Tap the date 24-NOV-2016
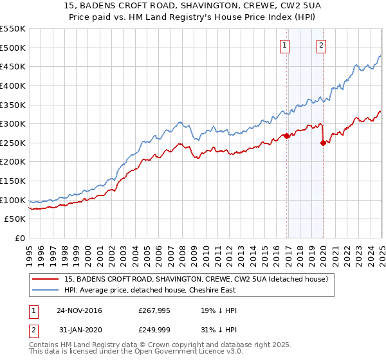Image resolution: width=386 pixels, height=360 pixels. [79, 310]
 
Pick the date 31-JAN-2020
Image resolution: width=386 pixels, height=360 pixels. [79, 330]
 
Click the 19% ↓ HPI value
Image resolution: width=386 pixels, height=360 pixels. [219, 310]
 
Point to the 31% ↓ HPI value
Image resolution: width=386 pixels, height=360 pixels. [219, 330]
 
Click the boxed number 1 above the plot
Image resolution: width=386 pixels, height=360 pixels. [284, 45]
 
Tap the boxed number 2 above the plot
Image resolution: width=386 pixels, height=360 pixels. [320, 45]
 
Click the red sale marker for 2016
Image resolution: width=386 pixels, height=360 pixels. [286, 136]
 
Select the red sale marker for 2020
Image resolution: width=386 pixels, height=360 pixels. [323, 143]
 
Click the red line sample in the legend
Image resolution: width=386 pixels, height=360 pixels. [46, 279]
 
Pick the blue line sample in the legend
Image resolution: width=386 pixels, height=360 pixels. [46, 290]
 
